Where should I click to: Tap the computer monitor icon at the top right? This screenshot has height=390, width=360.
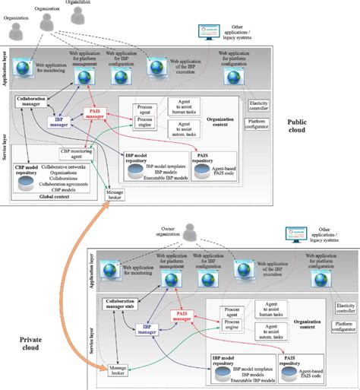click(205, 32)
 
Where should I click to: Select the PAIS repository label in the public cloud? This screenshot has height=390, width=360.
click(202, 158)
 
